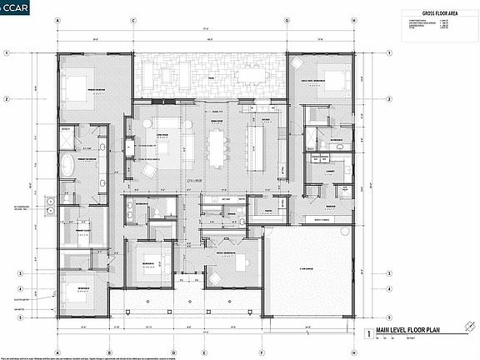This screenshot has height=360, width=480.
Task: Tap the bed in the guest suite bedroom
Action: (330, 81)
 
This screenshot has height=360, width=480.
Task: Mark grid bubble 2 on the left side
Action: (7, 99)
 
